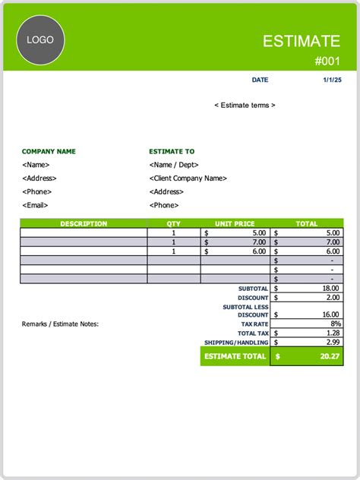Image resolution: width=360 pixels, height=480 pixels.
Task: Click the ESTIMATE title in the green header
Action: point(302,41)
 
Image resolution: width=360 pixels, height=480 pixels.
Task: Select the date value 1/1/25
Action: point(332,80)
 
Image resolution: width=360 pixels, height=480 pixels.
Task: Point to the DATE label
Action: point(260,80)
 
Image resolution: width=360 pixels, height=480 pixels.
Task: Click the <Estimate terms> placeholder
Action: point(245,105)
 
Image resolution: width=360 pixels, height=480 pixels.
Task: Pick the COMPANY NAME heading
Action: point(49,151)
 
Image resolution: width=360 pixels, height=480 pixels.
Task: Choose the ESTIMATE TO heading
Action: point(172,151)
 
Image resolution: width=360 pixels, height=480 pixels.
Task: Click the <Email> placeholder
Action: point(35,205)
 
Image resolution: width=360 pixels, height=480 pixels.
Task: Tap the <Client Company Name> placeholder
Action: point(188,178)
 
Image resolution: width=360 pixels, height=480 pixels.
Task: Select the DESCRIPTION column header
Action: point(84,224)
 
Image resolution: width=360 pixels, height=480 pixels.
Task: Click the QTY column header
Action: point(174,224)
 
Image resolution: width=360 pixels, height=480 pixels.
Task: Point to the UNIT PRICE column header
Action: point(235,224)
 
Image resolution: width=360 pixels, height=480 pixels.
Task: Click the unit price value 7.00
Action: point(258,242)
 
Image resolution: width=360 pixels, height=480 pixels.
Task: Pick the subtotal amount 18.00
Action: point(329,288)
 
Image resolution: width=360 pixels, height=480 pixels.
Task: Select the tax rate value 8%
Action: point(333,324)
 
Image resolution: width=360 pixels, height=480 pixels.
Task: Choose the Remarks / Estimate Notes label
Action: point(60,324)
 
